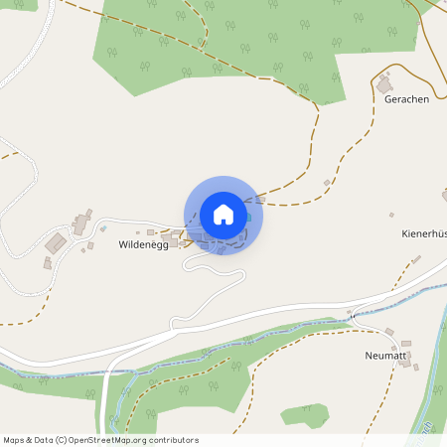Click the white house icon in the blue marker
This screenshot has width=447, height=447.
coord(223,215)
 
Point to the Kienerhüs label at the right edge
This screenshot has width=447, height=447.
coord(424,234)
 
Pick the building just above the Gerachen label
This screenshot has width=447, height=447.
coord(384,84)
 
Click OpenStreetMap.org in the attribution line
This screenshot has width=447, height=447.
coord(126,440)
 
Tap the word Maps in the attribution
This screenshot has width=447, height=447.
coord(15,440)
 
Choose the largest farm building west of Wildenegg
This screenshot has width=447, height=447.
coord(58,242)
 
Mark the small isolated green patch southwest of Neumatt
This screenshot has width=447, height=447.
coord(305,415)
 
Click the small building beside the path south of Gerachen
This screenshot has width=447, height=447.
coord(327,182)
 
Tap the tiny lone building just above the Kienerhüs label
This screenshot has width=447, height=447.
coord(391,215)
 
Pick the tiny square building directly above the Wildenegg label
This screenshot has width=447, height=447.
coord(138,231)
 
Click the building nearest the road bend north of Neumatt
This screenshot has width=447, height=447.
coord(390,331)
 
